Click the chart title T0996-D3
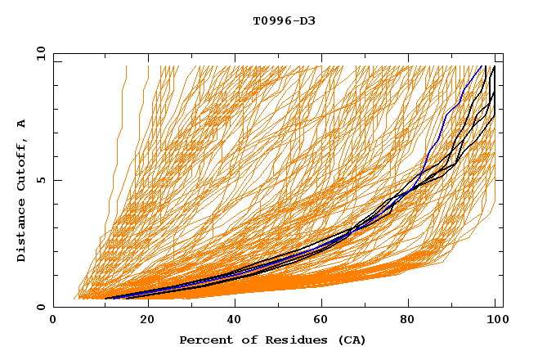284,20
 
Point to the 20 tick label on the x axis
147,321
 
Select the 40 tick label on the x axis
235,321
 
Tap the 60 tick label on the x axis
324,321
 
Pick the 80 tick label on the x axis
412,321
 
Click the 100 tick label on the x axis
497,321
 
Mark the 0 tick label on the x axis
54,321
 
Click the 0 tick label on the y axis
41,308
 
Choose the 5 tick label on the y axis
41,180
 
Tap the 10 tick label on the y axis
38,53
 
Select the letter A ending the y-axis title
22,123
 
